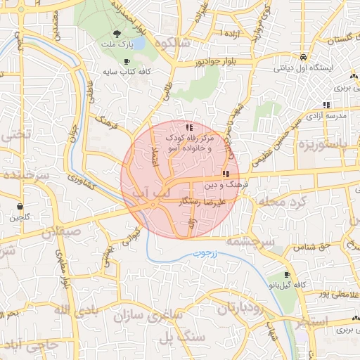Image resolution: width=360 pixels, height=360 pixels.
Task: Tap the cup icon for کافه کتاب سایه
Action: click(127, 62)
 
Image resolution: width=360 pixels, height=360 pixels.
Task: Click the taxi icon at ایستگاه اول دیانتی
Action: click(302, 57)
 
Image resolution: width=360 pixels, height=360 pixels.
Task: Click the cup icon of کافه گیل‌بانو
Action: click(286, 275)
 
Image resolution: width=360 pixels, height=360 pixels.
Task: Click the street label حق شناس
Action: click(315, 247)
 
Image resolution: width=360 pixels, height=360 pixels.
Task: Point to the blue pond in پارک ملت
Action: click(139, 44)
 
